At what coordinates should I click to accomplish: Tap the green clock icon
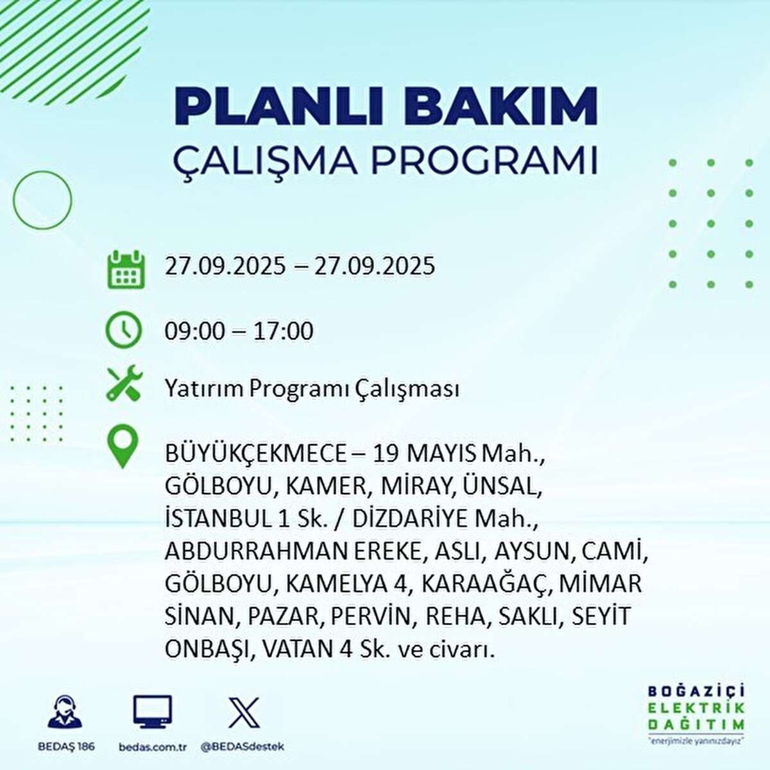click(123, 330)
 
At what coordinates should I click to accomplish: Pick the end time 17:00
click(283, 331)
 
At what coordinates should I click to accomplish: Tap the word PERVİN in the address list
click(371, 617)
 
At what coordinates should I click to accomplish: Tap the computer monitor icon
click(152, 712)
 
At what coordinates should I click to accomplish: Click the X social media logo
click(244, 712)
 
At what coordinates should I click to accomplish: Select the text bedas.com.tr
click(152, 747)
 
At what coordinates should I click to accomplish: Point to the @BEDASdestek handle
click(243, 747)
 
